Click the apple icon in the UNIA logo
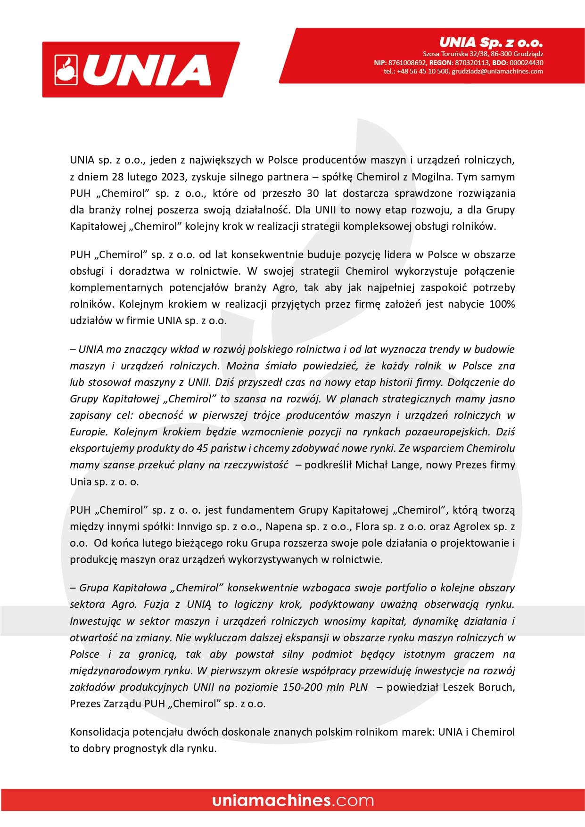(66, 70)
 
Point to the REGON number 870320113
(472, 63)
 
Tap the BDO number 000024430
(526, 63)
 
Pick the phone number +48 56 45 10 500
(423, 71)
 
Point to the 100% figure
(502, 304)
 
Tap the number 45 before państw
(202, 448)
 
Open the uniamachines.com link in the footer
(293, 800)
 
